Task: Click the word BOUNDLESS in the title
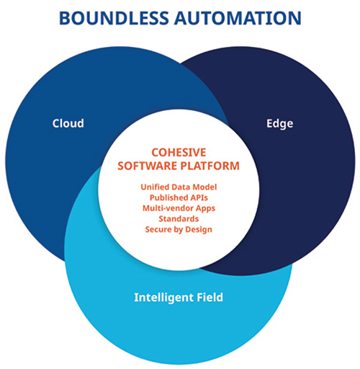(114, 18)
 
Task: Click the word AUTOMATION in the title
(238, 18)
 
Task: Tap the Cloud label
(68, 123)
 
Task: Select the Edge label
(280, 124)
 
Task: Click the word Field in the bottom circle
(210, 297)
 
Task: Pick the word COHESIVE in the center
(179, 153)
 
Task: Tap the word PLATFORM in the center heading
(210, 166)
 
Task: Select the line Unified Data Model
(179, 187)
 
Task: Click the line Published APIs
(179, 197)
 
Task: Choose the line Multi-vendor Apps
(179, 208)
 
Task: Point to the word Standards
(179, 219)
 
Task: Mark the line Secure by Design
(179, 229)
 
